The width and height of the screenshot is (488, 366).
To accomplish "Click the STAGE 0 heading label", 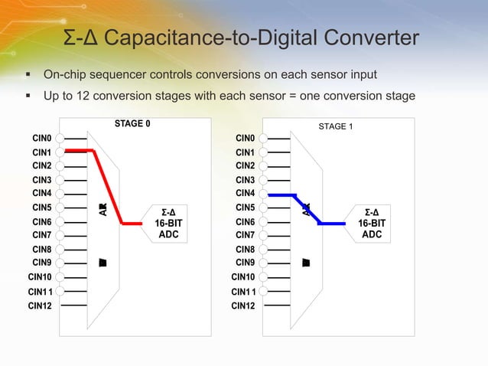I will coord(132,123).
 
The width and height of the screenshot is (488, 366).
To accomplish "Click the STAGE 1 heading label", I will coord(335,126).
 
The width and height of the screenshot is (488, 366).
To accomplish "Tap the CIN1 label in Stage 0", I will coord(42,152).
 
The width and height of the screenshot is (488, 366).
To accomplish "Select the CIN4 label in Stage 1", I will coord(245,193).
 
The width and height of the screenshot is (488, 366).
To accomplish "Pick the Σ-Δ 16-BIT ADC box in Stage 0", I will coord(168,223).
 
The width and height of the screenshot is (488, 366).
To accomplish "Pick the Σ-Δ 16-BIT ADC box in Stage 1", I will coord(372,223).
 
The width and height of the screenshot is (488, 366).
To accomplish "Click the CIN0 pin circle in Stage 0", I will coord(59,139).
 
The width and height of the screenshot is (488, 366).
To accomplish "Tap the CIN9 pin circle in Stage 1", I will coord(262,263).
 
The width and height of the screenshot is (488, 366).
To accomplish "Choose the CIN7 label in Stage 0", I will coord(42,235).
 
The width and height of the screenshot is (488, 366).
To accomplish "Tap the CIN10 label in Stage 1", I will coord(243,276).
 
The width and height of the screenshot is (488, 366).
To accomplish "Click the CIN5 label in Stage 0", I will coord(42,207).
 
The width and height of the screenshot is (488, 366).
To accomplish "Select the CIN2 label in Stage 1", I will coord(245,165).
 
